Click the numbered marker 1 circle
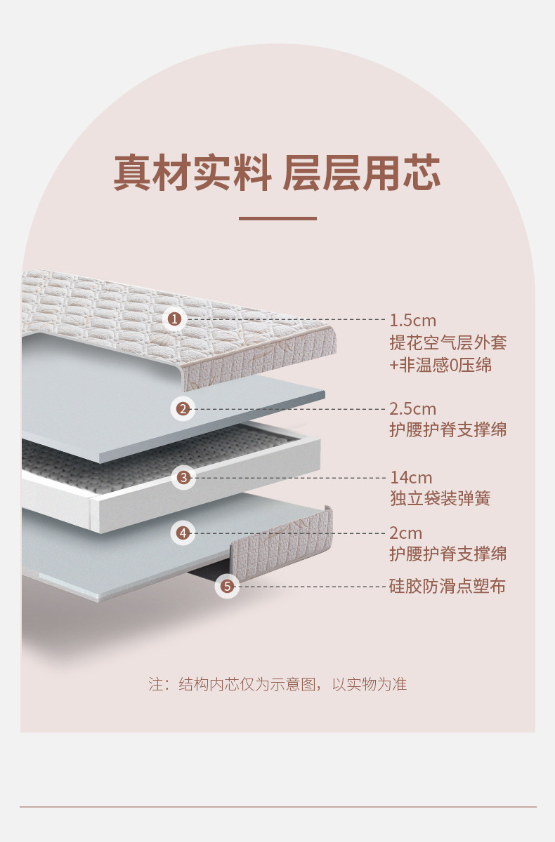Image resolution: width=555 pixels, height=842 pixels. coord(175,320)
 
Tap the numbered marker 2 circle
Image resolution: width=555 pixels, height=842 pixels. coord(183,408)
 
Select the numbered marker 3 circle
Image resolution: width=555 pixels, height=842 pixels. coord(183,478)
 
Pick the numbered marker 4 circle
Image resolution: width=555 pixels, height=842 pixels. coord(183,533)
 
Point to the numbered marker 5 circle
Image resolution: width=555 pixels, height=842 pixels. coord(227,586)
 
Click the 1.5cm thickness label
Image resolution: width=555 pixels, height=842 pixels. coord(413,321)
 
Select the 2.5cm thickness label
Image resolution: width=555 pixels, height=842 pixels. coord(413,408)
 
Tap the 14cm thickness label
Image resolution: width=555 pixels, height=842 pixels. coord(411,478)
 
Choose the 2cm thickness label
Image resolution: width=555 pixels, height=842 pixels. coord(406,533)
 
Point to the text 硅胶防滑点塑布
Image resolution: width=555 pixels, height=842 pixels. coord(448,586)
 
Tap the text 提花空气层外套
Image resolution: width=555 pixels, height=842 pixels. coord(448,342)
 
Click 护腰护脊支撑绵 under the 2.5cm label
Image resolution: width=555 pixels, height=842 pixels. coord(448,429)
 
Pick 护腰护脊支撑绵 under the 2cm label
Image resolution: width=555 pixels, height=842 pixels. coord(448,554)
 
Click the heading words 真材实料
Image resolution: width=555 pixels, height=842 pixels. coord(192,173)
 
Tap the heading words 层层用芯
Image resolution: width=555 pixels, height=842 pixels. coord(361,173)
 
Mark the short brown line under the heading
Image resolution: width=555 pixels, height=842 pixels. coord(277,218)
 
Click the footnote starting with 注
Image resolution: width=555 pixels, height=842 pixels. coord(277,684)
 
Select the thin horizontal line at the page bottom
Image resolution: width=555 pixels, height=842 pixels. coord(277,807)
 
